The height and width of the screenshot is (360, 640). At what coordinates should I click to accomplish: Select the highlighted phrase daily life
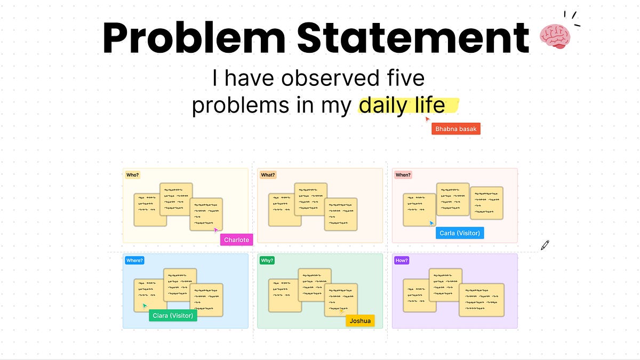[x=402, y=106]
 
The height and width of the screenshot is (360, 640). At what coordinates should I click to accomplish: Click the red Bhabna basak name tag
[x=456, y=129]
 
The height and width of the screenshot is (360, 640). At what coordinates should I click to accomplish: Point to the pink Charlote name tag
[x=236, y=240]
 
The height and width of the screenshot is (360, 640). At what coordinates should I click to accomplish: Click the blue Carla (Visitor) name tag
[x=460, y=233]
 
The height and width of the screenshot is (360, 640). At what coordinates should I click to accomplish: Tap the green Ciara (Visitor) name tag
[x=172, y=316]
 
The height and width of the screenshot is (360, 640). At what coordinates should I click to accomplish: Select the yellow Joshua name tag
[x=360, y=321]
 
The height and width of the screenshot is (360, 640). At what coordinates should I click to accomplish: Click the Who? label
[x=132, y=175]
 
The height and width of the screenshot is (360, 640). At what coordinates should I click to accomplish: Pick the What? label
[x=268, y=175]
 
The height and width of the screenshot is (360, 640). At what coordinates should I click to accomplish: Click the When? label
[x=403, y=175]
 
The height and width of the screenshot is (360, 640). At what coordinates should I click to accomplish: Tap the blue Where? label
[x=134, y=261]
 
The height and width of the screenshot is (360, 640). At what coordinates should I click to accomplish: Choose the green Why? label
[x=267, y=261]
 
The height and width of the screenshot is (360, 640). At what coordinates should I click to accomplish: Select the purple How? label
[x=402, y=261]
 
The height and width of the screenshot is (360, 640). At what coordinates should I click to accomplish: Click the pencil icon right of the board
[x=545, y=245]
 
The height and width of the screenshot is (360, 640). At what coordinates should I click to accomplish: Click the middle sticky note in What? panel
[x=310, y=199]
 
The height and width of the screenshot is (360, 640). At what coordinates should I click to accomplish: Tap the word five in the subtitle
[x=405, y=79]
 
